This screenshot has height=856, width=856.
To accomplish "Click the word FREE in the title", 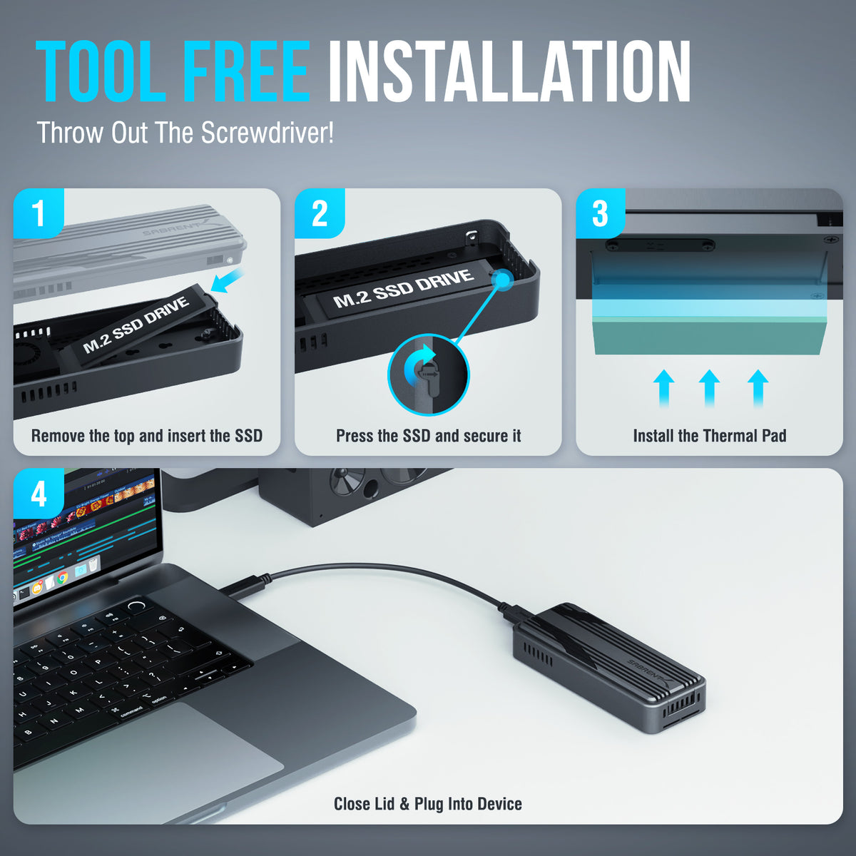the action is pos(247,71).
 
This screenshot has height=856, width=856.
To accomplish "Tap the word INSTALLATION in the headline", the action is pos(509,71).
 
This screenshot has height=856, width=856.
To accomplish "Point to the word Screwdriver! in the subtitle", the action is pos(267,132).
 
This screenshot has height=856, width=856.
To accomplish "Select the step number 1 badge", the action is pos(39,213).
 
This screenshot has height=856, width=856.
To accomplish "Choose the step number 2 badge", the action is pos(320,213).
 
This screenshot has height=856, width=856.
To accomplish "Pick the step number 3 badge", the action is pos(601,213).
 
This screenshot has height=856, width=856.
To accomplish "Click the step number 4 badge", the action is pos(39,494).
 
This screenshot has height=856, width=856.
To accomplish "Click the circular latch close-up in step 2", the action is pos(429,375).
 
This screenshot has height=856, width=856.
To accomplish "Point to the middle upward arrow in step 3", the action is pos(709,388).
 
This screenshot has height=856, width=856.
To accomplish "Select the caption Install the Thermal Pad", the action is pos(709,436).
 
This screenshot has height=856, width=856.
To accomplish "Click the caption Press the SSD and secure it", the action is pos(428,436).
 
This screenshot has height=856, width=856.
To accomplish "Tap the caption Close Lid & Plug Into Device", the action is pos(428,804).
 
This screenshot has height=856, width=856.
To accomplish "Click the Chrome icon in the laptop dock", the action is pos(62,578).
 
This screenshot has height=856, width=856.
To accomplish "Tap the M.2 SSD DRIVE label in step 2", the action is pos(403,288).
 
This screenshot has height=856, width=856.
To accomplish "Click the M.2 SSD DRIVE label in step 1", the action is pos(136,325).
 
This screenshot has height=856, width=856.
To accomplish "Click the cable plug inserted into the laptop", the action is pos(245,587).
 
